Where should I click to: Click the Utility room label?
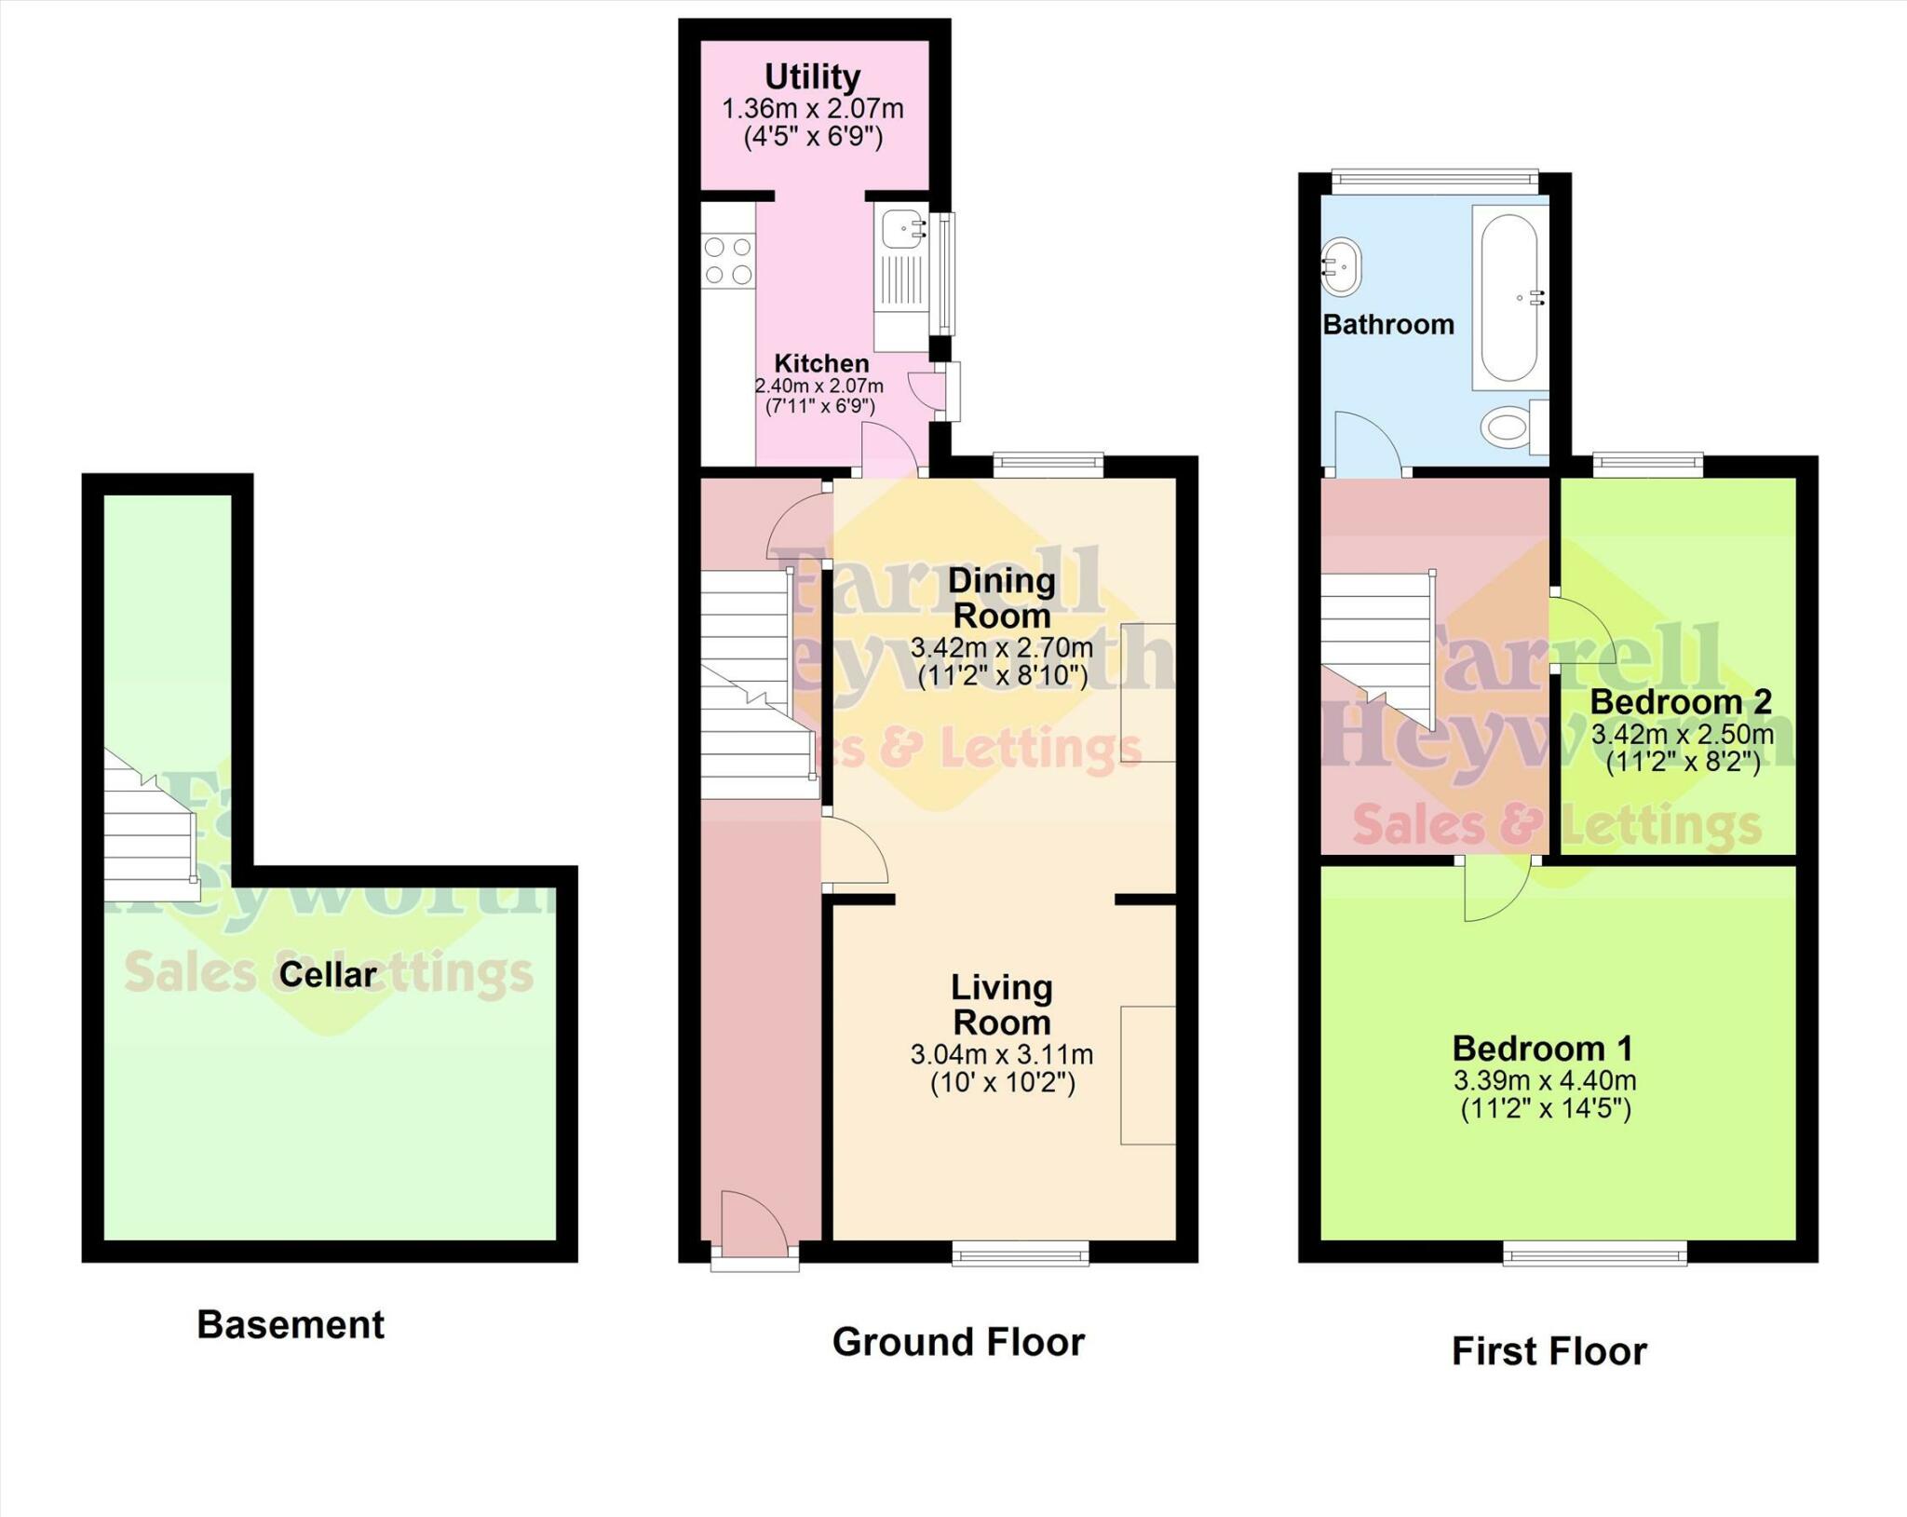812,76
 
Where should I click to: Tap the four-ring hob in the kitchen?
728,261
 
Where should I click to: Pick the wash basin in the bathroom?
1341,266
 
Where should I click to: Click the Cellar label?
328,975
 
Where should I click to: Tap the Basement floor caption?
290,1324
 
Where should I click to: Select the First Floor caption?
1549,1351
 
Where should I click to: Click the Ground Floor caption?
958,1342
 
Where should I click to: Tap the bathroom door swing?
1365,441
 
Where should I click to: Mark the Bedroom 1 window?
1594,1256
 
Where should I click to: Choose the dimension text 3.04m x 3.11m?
1001,1055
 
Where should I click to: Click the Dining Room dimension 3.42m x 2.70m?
1001,647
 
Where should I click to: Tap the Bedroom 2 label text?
1680,701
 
